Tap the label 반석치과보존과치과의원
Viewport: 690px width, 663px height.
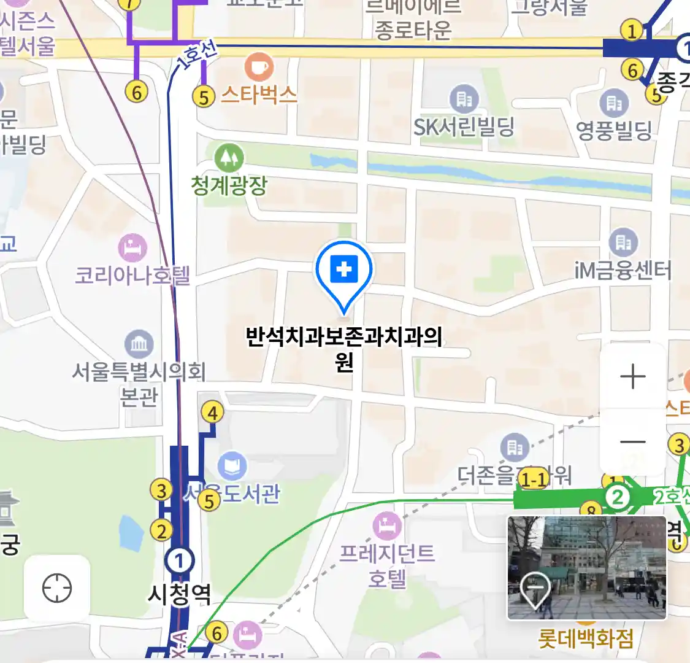coord(344,348)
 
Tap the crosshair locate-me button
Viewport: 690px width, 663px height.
coord(57,588)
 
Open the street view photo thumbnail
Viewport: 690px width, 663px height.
coord(586,568)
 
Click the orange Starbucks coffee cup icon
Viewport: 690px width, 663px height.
coord(259,66)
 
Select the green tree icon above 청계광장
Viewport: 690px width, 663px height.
coord(229,158)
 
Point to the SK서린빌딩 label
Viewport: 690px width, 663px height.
coord(464,127)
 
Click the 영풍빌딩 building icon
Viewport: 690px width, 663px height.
coord(614,103)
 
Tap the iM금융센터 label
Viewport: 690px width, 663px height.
coord(623,270)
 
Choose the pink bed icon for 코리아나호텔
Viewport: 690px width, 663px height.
coord(132,249)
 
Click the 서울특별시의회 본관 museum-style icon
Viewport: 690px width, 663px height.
coord(139,344)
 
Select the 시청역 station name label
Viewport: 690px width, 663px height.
coord(180,594)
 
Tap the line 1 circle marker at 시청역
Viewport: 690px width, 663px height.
coord(180,560)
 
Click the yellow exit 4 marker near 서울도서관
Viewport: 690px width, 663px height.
coord(212,413)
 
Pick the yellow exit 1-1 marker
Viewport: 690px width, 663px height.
coord(533,479)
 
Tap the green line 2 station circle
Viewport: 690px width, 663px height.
coord(618,497)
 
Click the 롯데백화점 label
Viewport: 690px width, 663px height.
coord(585,638)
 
